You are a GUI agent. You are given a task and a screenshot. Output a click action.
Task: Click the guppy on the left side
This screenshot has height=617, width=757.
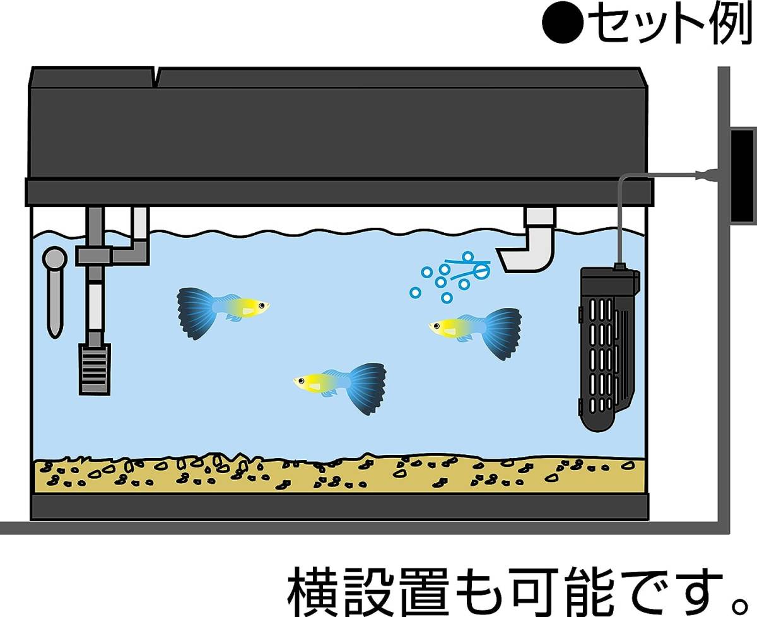click(221, 309)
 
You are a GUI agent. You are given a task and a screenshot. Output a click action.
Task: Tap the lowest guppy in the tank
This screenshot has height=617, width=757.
click(341, 385)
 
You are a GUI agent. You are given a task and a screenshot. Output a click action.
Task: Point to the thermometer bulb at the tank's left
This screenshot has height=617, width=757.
click(55, 259)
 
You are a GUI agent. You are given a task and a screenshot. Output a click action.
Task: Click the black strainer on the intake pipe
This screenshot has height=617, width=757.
click(94, 368)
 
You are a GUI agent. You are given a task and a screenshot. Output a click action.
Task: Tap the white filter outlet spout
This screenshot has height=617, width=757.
click(530, 249)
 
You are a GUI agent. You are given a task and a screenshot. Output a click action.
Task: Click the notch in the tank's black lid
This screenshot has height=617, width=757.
click(155, 77)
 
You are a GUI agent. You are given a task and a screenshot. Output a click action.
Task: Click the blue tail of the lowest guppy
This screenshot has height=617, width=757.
click(367, 387)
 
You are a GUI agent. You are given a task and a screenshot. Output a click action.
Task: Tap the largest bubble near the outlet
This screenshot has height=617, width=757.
click(481, 272)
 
